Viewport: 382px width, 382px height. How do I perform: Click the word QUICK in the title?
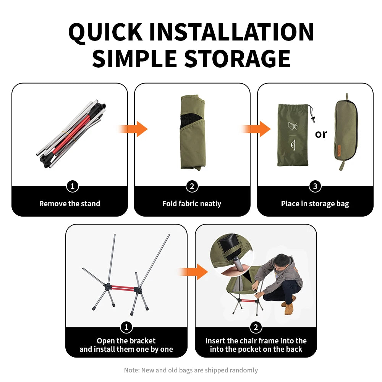click(105, 32)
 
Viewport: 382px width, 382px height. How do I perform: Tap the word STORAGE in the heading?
click(237, 59)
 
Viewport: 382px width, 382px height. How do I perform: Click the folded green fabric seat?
click(193, 133)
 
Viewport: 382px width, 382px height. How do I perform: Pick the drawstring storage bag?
click(295, 135)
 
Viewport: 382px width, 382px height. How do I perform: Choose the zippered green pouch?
click(345, 131)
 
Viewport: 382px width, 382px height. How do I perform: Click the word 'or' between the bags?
click(320, 134)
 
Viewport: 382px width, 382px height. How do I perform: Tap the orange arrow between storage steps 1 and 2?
click(133, 129)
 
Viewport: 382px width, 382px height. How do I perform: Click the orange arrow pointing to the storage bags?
click(256, 129)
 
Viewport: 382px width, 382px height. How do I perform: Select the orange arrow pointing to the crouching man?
click(194, 272)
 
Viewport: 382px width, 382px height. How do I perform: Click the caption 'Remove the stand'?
click(70, 204)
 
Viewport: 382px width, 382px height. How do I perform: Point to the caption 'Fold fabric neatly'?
click(192, 204)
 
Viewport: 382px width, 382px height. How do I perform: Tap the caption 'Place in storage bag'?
click(315, 204)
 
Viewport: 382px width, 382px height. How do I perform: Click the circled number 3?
click(315, 186)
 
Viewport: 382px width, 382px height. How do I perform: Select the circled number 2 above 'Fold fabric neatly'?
click(192, 186)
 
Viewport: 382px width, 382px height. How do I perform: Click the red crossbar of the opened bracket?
click(123, 288)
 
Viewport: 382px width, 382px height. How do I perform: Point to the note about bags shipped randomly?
click(191, 370)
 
